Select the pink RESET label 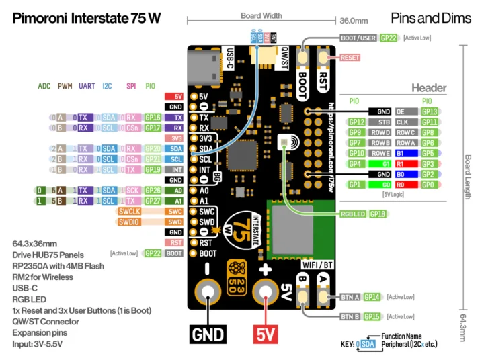click(350, 58)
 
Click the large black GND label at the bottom click(208, 333)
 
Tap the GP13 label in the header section click(430, 111)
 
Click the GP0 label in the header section click(430, 184)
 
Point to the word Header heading click(429, 88)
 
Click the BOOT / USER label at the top click(358, 39)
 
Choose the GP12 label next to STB click(356, 122)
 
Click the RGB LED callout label click(353, 214)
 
